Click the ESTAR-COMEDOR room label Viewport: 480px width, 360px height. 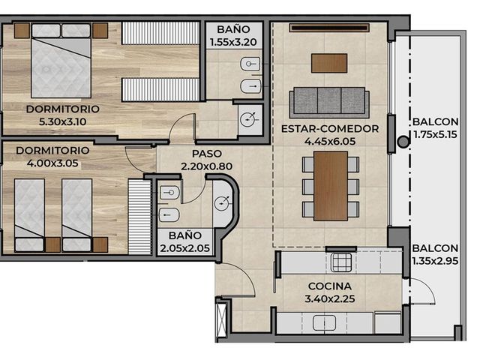[330, 129]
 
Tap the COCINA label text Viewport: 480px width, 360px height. [330, 286]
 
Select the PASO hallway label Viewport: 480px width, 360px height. [207, 154]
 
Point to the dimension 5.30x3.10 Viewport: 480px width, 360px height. [62, 121]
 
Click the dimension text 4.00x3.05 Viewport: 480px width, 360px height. [52, 163]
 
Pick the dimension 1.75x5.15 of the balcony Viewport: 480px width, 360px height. [435, 134]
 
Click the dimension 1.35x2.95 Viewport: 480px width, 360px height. [435, 261]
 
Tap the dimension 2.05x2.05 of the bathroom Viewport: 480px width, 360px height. [185, 248]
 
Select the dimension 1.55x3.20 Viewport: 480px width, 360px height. [233, 42]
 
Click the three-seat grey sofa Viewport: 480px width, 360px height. [329, 102]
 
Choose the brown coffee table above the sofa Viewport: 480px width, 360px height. [329, 63]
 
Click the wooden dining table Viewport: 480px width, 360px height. [331, 186]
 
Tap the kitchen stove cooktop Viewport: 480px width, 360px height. [341, 262]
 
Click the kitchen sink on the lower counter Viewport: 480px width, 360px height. [324, 323]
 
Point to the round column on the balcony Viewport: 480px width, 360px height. [403, 142]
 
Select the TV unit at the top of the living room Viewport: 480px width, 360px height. [329, 28]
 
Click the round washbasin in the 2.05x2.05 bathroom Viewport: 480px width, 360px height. [223, 203]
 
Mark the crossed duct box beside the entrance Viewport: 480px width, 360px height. [221, 319]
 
